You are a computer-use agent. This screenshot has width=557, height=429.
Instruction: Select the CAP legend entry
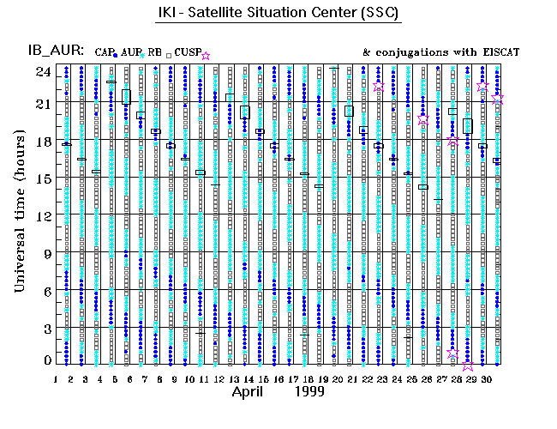[106, 52]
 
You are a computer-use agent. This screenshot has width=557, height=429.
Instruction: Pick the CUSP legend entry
[186, 53]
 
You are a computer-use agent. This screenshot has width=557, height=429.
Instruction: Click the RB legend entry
[154, 52]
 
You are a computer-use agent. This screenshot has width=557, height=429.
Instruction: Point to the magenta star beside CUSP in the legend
[205, 55]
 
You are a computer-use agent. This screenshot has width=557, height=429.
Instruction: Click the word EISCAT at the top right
[500, 52]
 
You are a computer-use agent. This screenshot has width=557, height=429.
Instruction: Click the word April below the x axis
[252, 392]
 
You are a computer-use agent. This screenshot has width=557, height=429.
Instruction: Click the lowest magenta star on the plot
[468, 366]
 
